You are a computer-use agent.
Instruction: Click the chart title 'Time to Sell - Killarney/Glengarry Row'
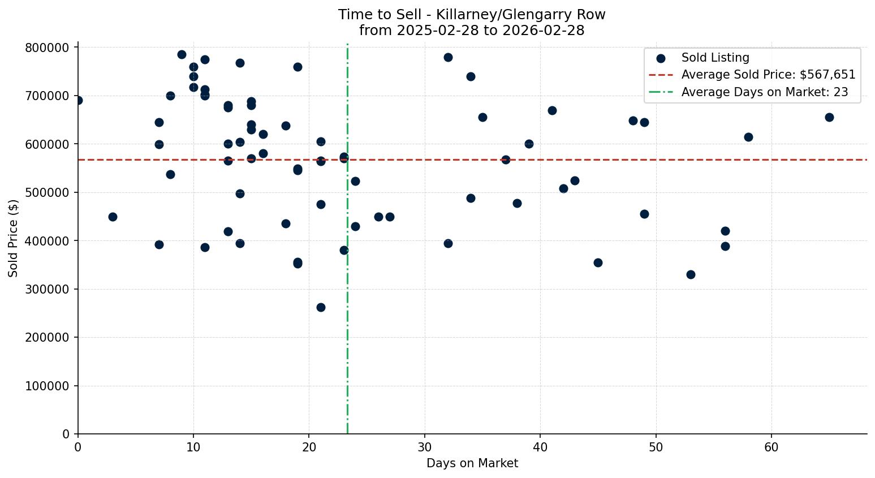coord(472,15)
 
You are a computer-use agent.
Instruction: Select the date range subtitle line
coord(472,31)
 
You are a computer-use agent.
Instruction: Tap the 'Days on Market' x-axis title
coord(472,464)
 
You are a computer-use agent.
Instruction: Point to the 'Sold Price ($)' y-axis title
coord(14,238)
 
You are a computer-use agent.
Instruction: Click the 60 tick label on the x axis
coord(771,447)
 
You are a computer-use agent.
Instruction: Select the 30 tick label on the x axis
coord(425,447)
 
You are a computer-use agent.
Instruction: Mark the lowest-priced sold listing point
coord(321,307)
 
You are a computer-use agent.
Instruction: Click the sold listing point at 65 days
coord(829,117)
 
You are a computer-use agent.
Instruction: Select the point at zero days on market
coord(78,100)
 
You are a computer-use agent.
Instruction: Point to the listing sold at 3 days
coord(113,217)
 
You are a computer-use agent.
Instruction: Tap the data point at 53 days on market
coord(691,274)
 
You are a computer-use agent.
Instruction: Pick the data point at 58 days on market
coord(748,137)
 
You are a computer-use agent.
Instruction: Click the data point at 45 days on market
coord(598,262)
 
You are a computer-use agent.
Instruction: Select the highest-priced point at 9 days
coord(182,54)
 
